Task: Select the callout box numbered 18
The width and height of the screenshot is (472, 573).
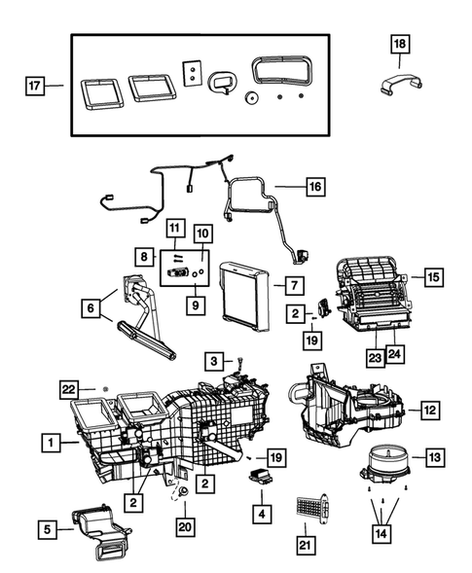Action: (400, 44)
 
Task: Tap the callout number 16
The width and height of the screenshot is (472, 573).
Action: (313, 185)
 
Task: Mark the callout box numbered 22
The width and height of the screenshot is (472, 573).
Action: (68, 389)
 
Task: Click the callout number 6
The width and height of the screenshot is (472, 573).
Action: (91, 308)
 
